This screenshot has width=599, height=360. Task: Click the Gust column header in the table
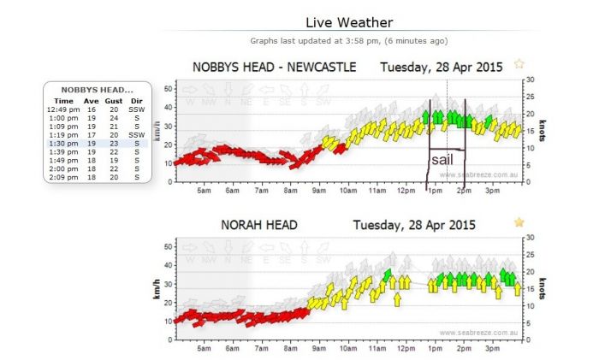[113, 101]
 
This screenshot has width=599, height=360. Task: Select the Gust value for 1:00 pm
[113, 118]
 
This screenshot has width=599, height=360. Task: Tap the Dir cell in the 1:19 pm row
[137, 135]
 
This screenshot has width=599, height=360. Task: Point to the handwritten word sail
[442, 159]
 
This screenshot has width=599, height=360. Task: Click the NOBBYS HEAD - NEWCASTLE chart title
[274, 67]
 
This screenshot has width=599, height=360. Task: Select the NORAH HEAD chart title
[259, 225]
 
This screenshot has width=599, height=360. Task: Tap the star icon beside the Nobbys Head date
[519, 64]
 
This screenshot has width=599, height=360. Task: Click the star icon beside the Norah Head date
[519, 222]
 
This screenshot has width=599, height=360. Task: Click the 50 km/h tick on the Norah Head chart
[168, 245]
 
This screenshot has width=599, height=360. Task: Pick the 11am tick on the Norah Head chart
[377, 348]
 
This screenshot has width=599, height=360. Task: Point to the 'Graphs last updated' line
[348, 40]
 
